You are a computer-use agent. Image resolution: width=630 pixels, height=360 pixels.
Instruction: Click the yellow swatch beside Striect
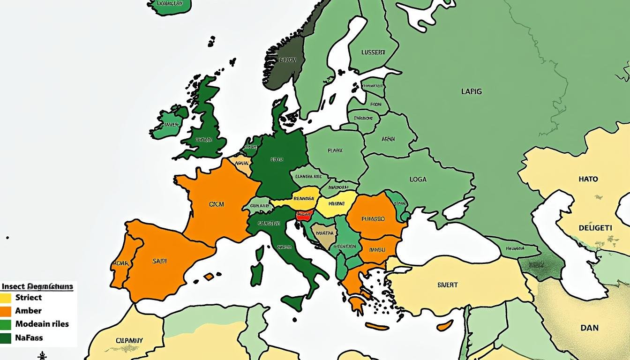coord(6,298)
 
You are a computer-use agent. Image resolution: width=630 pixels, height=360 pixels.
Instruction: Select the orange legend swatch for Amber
coord(6,311)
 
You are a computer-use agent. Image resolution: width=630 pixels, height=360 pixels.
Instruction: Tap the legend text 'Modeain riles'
coord(42,324)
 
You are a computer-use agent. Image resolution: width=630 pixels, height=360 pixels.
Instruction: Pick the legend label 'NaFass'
coord(29,337)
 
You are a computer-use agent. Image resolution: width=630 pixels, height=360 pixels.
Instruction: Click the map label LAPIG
coord(471,92)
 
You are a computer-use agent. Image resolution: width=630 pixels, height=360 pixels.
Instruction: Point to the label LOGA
coord(418,179)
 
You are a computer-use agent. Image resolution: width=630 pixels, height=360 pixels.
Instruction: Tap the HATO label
coord(588,179)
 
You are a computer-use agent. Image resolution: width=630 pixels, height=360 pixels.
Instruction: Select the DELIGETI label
coord(595,228)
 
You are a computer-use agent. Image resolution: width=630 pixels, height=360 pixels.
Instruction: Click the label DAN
coord(589,328)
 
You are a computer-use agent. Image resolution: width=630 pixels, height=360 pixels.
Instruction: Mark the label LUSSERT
coord(373,52)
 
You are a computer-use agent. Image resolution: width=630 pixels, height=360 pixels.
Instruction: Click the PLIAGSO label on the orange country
coord(373,218)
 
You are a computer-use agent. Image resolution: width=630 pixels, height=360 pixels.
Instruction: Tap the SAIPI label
coord(160,261)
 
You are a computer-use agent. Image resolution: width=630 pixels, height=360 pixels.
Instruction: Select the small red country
coord(304,215)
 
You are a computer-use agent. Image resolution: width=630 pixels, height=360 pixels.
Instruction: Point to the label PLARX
coord(335,151)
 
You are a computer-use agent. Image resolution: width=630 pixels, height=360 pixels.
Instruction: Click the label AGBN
coord(388,139)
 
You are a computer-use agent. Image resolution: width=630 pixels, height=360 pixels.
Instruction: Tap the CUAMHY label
coord(129,340)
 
